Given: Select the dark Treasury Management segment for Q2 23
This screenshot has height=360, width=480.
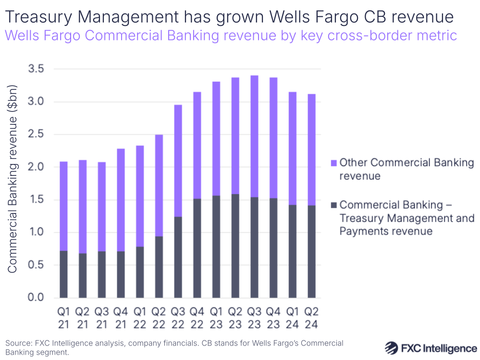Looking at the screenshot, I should click(235, 246).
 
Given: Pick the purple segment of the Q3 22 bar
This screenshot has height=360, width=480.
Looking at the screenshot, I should click(178, 161).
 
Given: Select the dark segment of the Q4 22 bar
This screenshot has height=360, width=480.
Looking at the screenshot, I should click(197, 248).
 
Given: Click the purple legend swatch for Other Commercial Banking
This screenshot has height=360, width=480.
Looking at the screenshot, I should click(333, 162).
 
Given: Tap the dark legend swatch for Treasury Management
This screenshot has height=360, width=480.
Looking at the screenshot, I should click(333, 205).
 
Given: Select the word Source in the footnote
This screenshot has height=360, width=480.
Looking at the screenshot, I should click(18, 343).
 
